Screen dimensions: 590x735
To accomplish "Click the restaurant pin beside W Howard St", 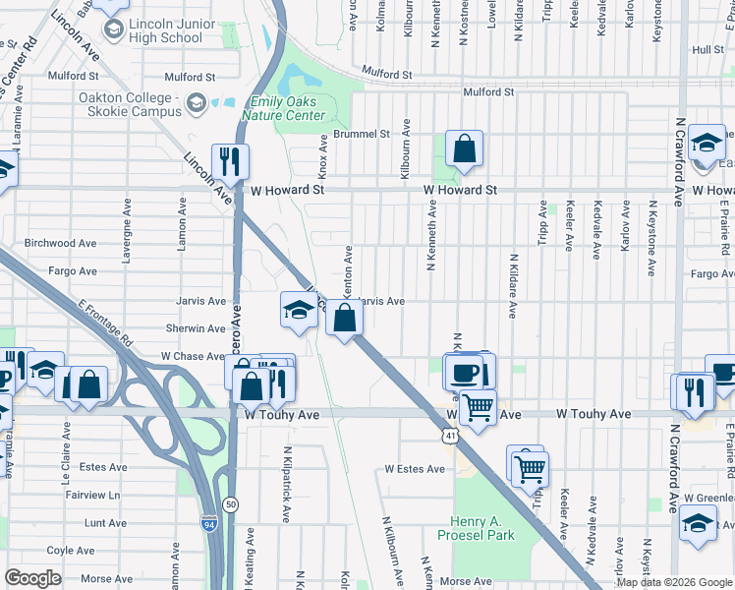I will [x=230, y=162].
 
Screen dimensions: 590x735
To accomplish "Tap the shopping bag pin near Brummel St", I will [x=464, y=148].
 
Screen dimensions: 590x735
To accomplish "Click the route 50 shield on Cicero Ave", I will [x=230, y=503].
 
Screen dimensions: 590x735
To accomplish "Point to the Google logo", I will [x=32, y=578].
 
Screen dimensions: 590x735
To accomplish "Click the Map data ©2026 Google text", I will [x=674, y=582].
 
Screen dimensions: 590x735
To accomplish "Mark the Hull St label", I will [x=707, y=49].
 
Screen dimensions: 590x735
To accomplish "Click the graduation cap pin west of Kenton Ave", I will [x=299, y=310].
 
